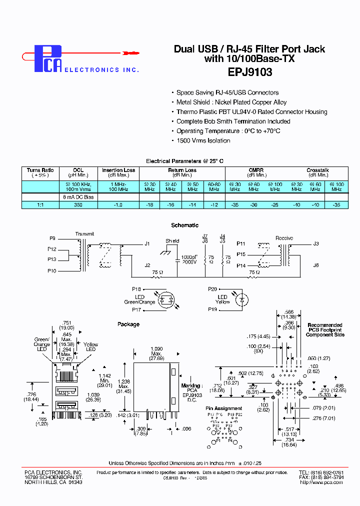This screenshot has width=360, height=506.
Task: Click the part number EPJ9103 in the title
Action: point(249,71)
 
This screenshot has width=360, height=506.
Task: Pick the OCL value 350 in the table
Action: point(78,205)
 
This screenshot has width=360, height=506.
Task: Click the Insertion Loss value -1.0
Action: point(118,205)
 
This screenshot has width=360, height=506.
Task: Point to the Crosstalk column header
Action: point(317,170)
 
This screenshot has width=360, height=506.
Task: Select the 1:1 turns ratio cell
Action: point(40,205)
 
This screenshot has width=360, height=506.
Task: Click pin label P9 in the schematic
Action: point(52,239)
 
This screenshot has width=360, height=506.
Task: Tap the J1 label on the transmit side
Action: point(147,244)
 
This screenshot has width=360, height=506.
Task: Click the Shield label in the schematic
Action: point(172,241)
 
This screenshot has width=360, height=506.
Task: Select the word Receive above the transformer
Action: point(284,238)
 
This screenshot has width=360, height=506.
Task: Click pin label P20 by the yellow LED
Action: point(212,289)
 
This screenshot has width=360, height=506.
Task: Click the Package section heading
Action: point(128,324)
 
